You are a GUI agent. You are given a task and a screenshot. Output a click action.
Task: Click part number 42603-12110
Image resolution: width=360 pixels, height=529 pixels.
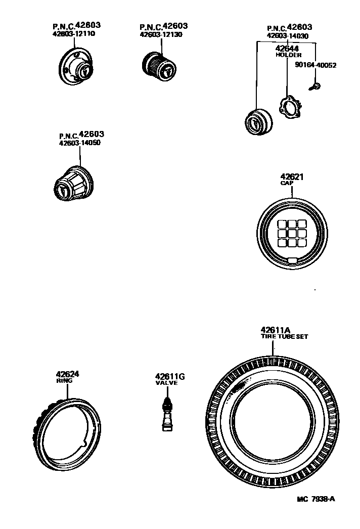[73, 34]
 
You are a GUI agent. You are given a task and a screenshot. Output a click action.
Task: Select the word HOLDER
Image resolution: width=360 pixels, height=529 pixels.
[288, 55]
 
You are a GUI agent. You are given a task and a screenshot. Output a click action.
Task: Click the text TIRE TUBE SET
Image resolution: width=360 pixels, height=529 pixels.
[284, 336]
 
